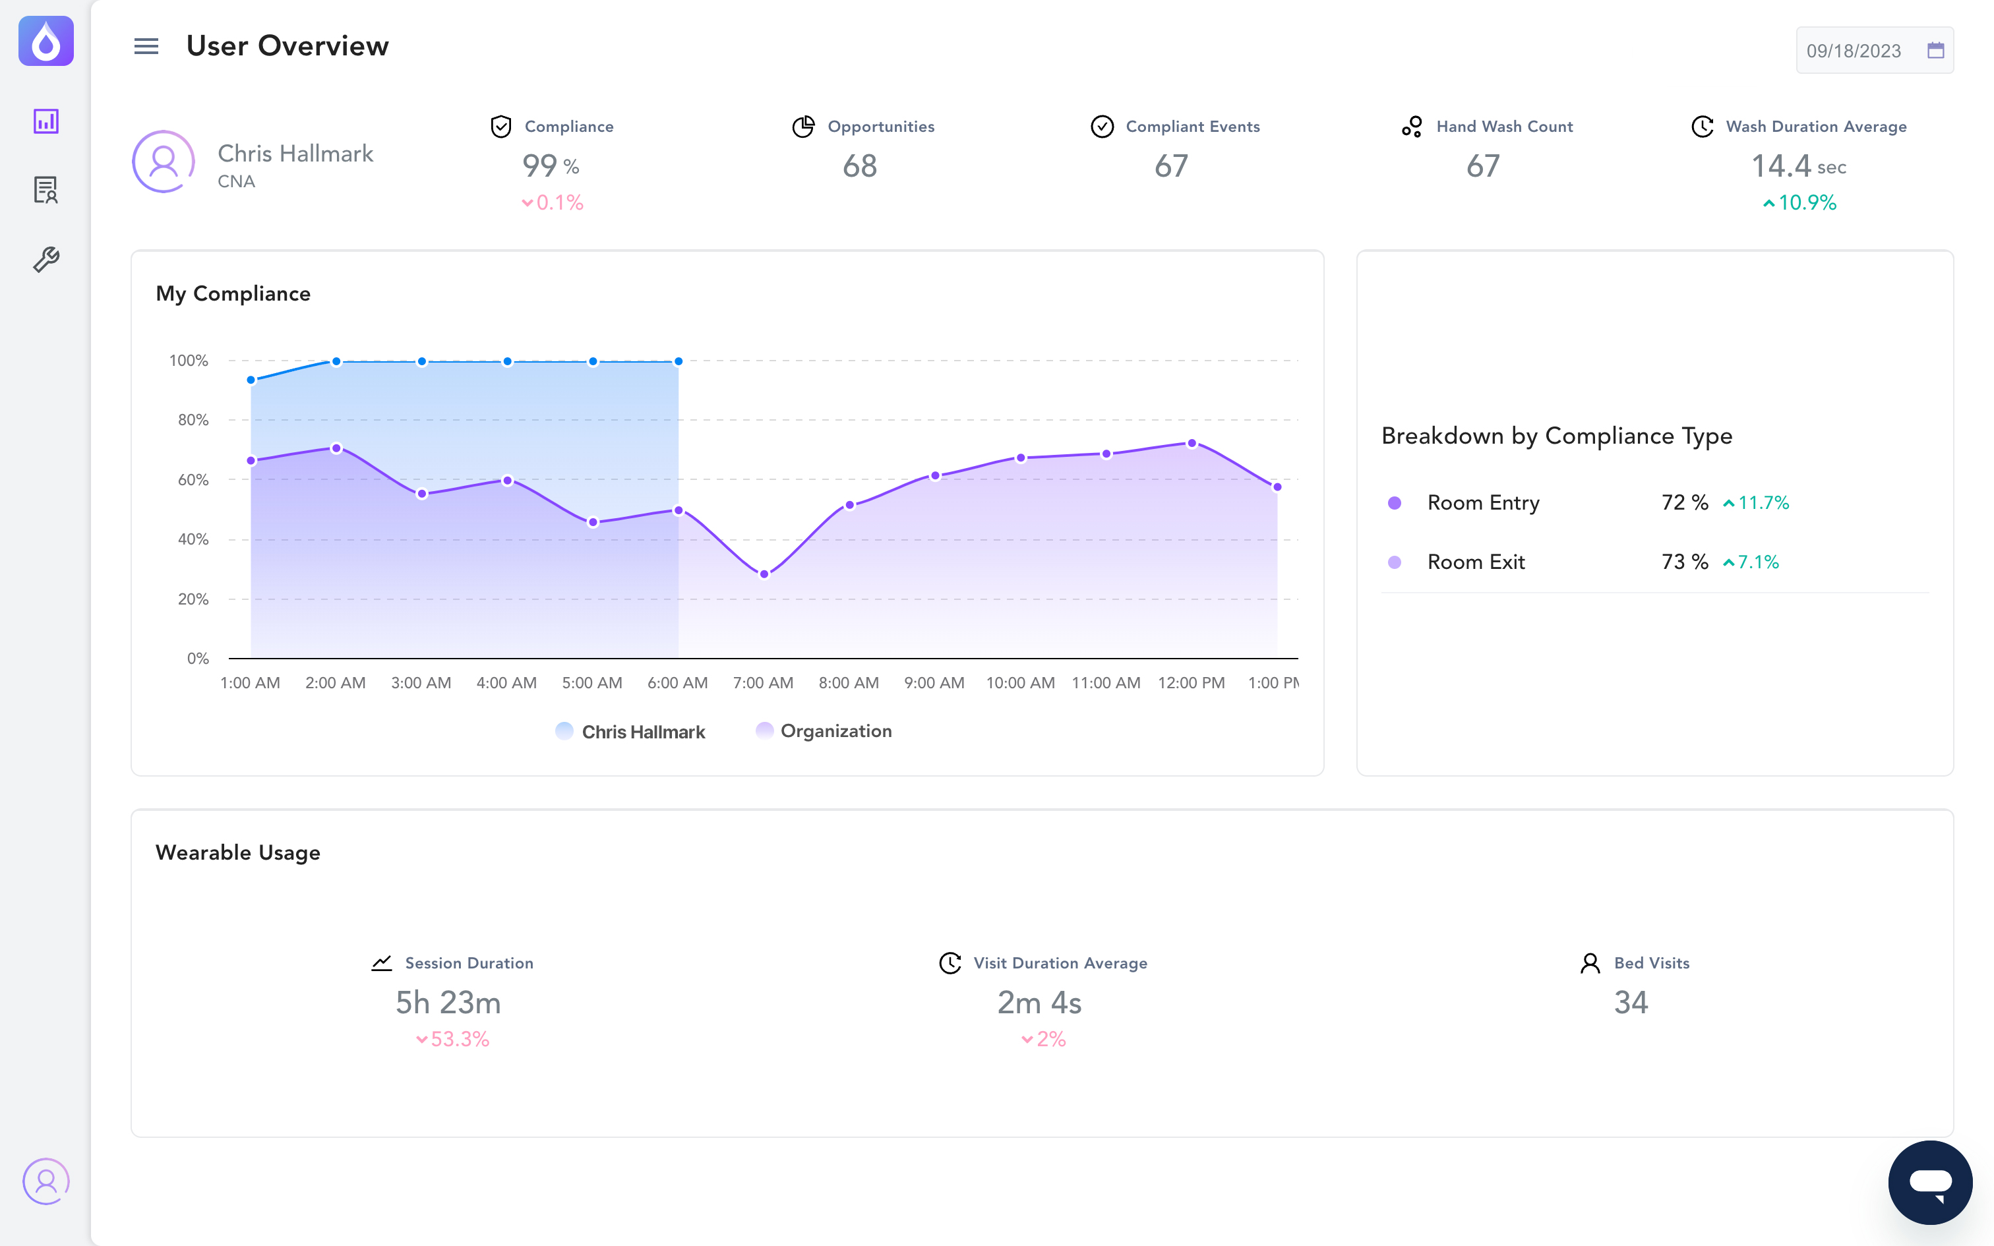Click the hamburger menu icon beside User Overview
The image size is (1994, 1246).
146,46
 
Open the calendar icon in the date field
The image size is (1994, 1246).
1935,50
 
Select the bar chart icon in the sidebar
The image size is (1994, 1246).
46,121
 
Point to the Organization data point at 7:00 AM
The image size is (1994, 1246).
764,574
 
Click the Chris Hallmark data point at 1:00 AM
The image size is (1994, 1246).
251,380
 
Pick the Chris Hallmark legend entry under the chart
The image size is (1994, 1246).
630,732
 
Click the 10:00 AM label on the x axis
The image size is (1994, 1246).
1020,683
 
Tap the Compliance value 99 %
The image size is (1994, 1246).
551,166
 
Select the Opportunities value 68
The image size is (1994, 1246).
859,166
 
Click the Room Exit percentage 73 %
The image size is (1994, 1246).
1684,562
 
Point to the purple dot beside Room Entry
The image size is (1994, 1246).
1394,502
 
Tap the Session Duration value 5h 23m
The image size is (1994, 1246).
448,1003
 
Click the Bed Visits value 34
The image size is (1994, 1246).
1631,1003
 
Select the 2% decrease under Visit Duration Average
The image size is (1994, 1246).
1043,1039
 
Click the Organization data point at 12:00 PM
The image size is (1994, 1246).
1192,443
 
